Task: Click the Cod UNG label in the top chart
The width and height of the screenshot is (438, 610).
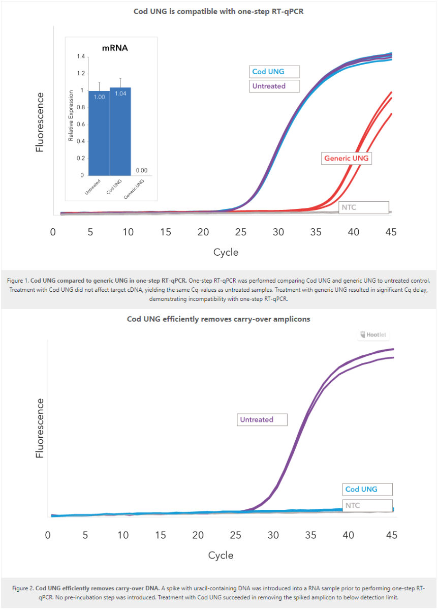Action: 274,72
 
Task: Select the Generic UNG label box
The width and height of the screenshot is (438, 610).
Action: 346,159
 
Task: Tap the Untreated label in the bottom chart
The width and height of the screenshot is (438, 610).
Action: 262,420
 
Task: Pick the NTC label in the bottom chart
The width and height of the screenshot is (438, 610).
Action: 367,506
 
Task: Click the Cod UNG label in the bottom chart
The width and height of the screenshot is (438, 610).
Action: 367,490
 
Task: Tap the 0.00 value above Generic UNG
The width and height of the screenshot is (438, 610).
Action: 142,171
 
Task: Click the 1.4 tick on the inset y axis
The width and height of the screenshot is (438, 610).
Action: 81,56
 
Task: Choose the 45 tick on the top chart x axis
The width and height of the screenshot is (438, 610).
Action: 390,232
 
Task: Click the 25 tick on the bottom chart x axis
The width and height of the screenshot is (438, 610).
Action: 236,535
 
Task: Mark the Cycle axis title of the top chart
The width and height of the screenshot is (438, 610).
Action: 226,252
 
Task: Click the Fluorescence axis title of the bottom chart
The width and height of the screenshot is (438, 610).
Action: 40,428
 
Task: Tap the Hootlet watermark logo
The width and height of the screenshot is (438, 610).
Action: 374,335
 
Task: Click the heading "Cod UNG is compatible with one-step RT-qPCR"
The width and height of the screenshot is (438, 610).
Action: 218,11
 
